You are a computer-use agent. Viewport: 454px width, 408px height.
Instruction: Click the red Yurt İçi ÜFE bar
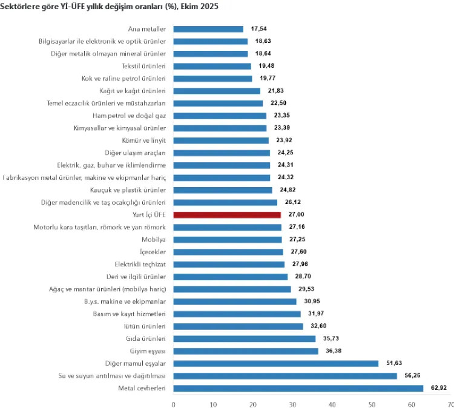pos(227,215)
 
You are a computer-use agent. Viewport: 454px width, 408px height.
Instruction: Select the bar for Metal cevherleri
pos(298,388)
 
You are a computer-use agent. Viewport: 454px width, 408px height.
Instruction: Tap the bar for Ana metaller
pos(208,29)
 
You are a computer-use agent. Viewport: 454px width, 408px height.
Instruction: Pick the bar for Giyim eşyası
pos(245,351)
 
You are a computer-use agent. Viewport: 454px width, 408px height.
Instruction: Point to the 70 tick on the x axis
pos(450,403)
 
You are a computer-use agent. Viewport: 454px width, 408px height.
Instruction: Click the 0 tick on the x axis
pos(174,403)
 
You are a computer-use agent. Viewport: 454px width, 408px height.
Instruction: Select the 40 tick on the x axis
pos(332,403)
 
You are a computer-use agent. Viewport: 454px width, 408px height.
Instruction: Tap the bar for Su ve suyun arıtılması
pos(285,375)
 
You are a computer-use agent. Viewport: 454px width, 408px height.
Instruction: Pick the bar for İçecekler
pos(228,252)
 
